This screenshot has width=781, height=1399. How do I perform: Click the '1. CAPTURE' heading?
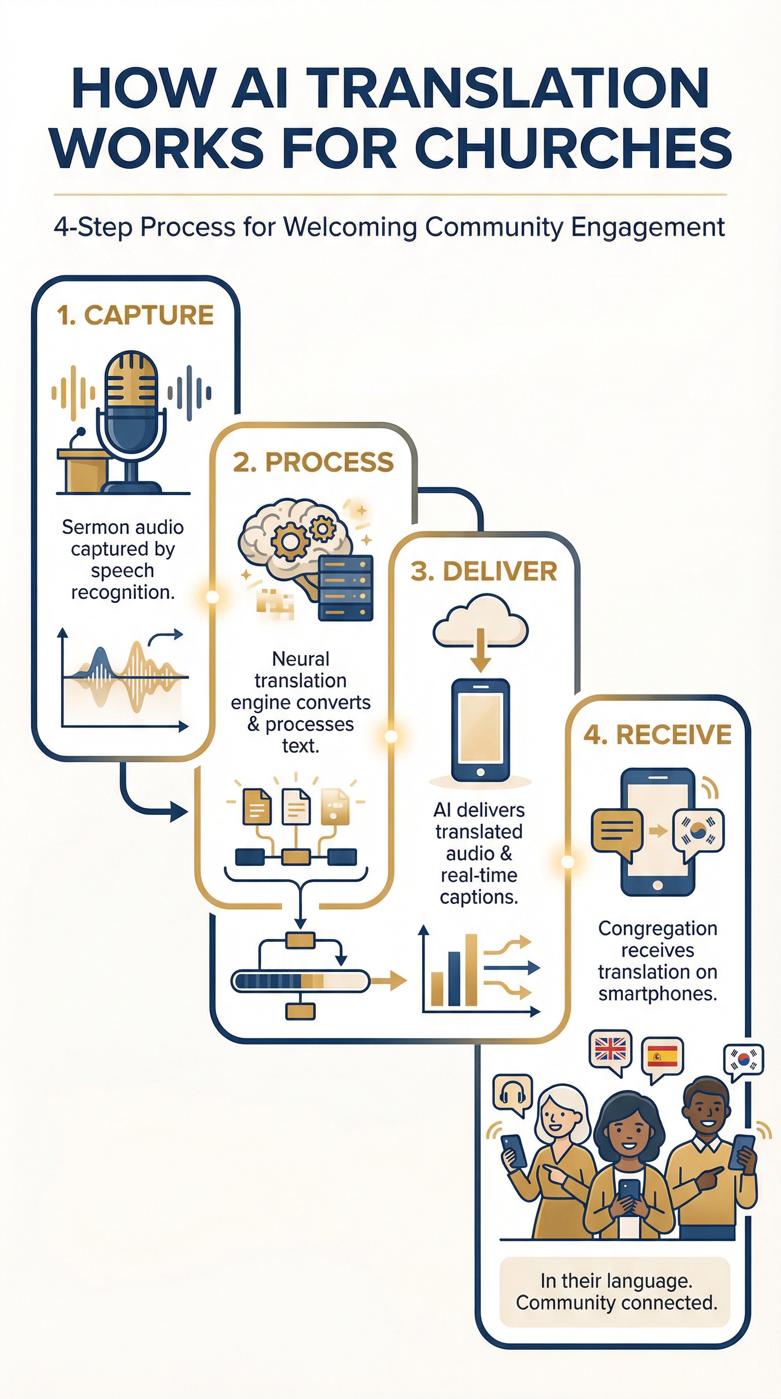(x=135, y=316)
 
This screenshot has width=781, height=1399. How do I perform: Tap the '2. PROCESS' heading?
(x=313, y=463)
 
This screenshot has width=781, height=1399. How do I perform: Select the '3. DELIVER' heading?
(x=484, y=572)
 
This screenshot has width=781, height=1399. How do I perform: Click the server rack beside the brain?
(x=345, y=588)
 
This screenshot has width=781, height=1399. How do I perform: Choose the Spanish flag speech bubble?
(x=662, y=1056)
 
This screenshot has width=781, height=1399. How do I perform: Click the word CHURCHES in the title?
(x=574, y=148)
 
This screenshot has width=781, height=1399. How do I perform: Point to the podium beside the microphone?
(x=83, y=467)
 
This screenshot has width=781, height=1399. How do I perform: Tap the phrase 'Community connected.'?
(x=616, y=1303)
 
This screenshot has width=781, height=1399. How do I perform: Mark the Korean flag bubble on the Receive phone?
(x=698, y=831)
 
